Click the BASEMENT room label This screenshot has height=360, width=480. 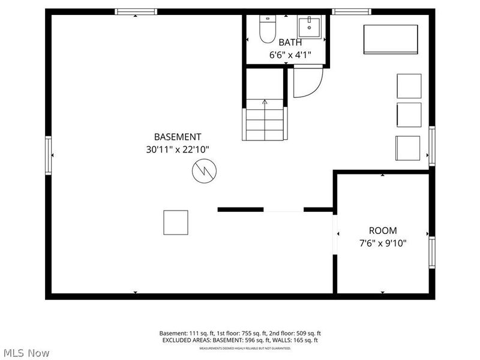click(x=178, y=137)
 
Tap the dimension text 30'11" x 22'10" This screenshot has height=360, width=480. click(x=178, y=150)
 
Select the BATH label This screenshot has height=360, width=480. click(x=290, y=43)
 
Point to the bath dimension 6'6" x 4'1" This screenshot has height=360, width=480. click(x=290, y=55)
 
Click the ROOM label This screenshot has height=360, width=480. click(x=382, y=230)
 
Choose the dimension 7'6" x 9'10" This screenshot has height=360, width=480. click(x=382, y=244)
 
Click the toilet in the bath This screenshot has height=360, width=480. click(x=266, y=29)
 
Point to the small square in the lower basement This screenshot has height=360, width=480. click(x=176, y=222)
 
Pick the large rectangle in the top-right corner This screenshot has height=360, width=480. click(x=391, y=40)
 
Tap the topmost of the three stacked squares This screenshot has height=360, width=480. click(x=409, y=86)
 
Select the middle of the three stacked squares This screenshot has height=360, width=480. click(x=409, y=115)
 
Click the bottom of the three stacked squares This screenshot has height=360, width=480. click(x=408, y=148)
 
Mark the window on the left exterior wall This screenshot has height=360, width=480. click(x=49, y=155)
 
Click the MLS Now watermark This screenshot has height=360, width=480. click(x=26, y=353)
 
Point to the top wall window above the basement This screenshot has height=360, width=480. click(x=136, y=11)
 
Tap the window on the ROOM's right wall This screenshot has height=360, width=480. click(x=431, y=251)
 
